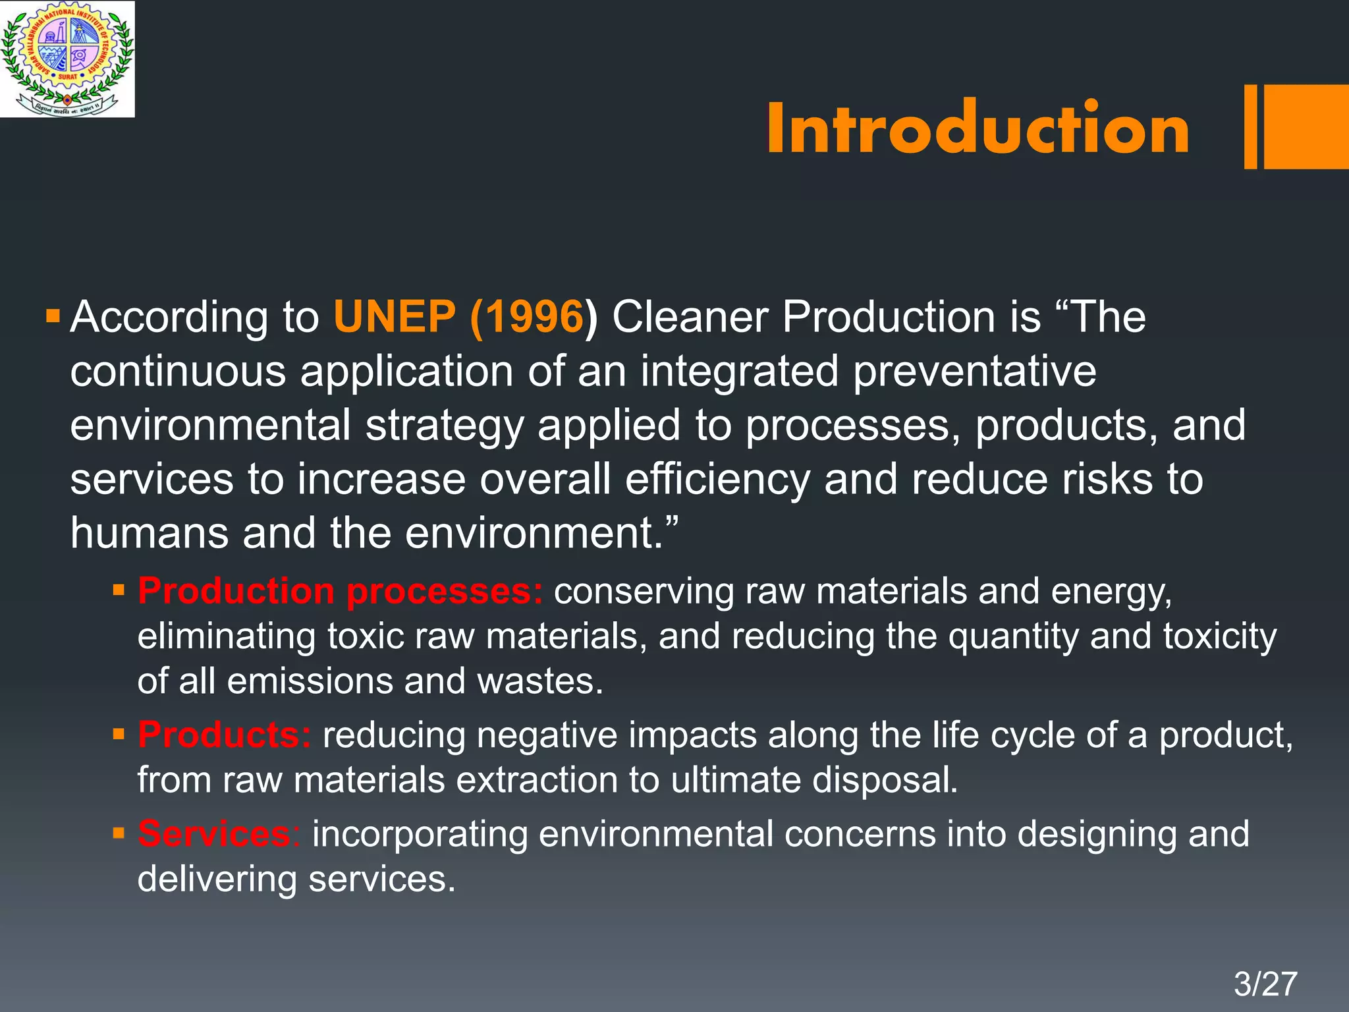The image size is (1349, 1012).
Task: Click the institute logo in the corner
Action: coord(67,59)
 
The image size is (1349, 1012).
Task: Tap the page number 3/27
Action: coord(1265,984)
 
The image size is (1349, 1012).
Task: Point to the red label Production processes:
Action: coord(340,591)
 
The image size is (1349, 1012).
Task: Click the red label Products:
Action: coord(224,735)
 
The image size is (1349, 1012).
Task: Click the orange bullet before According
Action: coord(53,315)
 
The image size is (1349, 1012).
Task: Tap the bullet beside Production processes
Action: coord(119,590)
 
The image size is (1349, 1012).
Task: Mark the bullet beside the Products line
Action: coord(119,733)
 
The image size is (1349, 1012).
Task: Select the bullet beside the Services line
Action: coord(119,833)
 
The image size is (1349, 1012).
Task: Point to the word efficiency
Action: coord(717,480)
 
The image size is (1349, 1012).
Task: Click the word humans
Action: coord(149,532)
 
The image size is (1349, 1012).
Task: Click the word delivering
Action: coord(217,879)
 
